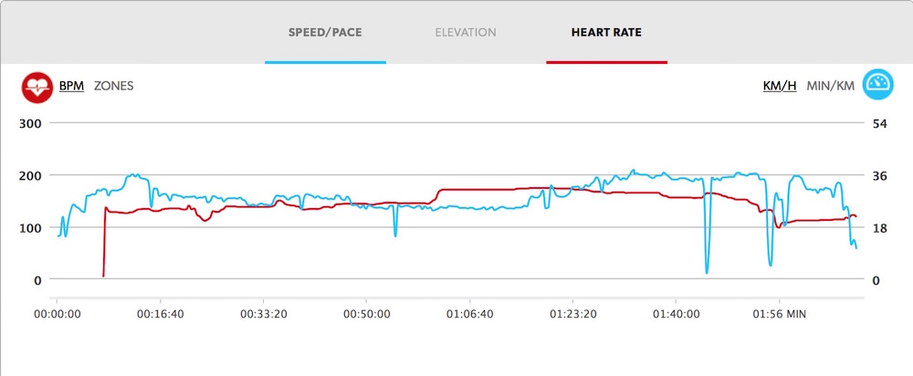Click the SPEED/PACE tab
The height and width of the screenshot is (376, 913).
click(x=325, y=32)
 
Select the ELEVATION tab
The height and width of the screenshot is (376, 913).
click(x=466, y=32)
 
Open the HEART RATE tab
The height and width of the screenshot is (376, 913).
click(x=606, y=32)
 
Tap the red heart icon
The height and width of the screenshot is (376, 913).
click(x=37, y=87)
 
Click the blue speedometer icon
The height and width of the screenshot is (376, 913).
click(x=878, y=86)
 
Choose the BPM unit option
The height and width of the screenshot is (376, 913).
click(x=71, y=86)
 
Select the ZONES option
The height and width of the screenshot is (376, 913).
click(x=114, y=86)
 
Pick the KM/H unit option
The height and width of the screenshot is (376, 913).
click(x=780, y=86)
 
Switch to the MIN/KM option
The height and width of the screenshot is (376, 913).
click(x=831, y=86)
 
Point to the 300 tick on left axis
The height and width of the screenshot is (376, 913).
click(x=31, y=123)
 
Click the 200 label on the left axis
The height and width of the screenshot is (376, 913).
click(x=31, y=175)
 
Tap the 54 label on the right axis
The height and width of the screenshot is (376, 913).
click(x=880, y=123)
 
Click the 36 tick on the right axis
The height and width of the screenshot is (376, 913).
click(x=880, y=175)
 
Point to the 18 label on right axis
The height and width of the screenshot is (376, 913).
click(x=880, y=228)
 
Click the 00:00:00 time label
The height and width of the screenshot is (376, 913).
click(x=58, y=314)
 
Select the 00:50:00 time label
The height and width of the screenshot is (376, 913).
click(x=366, y=314)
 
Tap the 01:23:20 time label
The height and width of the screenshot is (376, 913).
click(x=572, y=314)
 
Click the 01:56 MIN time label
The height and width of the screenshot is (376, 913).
click(x=779, y=314)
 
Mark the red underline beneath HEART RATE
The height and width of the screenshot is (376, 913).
click(x=606, y=62)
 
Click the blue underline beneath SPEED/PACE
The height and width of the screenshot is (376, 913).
click(x=325, y=62)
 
